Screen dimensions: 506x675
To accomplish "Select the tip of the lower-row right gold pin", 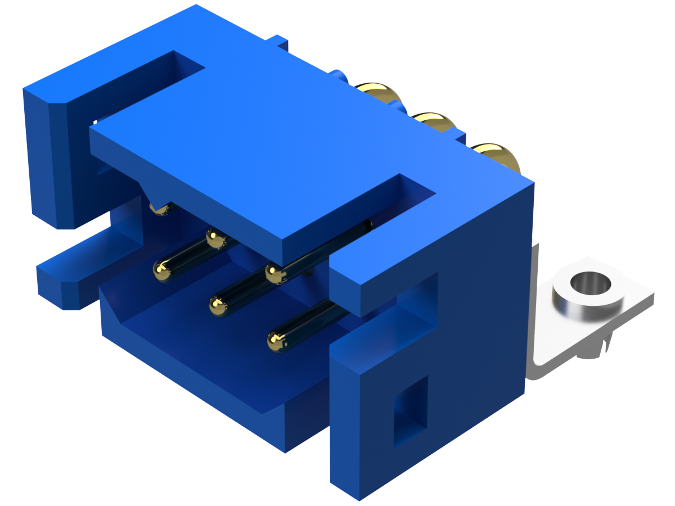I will [277, 340].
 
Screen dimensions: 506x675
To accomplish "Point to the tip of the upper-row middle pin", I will [214, 239].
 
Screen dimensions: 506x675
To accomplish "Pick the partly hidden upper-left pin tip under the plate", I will [160, 209].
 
